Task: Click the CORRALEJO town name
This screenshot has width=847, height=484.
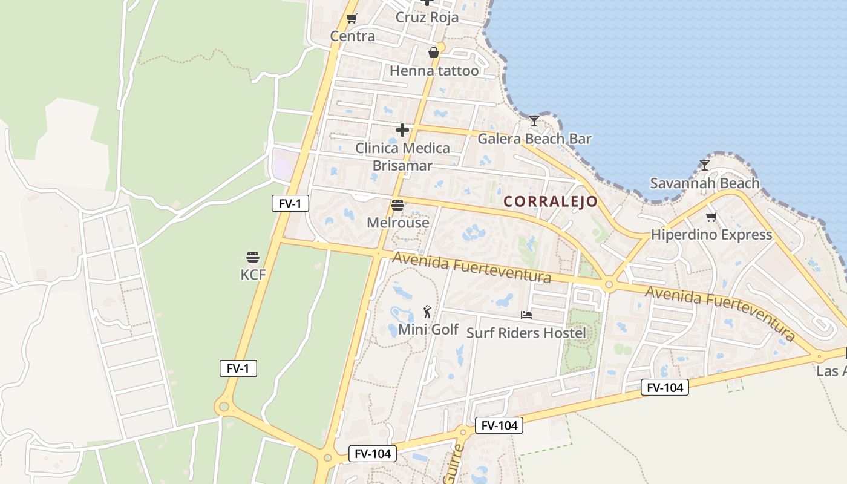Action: pos(551,201)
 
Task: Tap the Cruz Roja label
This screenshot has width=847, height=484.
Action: pos(427,18)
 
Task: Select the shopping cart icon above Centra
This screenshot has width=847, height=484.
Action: pos(352,19)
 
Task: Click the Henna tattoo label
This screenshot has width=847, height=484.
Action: pos(434,71)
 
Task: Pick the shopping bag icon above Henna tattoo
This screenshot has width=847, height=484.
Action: pos(434,53)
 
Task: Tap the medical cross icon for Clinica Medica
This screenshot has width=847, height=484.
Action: pos(402,130)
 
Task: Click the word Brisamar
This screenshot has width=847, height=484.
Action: pos(402,166)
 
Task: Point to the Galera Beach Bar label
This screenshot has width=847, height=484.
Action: pos(534,139)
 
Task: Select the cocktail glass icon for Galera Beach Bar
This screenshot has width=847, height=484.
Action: pos(534,121)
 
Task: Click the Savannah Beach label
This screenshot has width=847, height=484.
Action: pos(704,183)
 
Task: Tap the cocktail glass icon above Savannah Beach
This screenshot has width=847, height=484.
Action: pos(704,165)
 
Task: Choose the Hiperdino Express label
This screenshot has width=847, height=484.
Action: pos(711,234)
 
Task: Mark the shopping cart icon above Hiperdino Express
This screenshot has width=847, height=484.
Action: pos(711,217)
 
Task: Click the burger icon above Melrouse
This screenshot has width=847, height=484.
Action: pos(397,205)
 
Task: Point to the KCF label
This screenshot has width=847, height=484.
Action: pos(253,275)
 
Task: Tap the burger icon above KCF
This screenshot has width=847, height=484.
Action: pos(253,257)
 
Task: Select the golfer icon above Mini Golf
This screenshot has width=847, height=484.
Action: pos(428,312)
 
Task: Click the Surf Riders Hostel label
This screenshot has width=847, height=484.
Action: pos(526,333)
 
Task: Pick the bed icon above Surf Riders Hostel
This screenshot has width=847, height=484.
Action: pos(526,315)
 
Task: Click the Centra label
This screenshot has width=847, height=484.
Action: pos(352,36)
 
